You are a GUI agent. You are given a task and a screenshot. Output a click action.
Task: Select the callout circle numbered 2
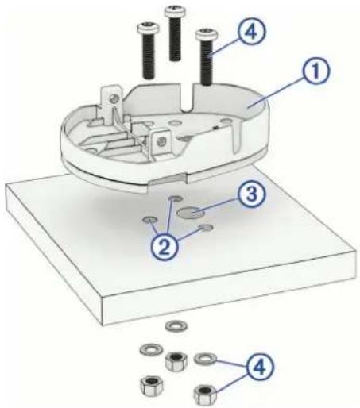pyautogui.click(x=165, y=246)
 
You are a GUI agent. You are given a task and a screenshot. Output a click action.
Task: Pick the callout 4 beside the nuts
pyautogui.click(x=259, y=367)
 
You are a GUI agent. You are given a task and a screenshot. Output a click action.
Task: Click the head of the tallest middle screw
pyautogui.click(x=175, y=10)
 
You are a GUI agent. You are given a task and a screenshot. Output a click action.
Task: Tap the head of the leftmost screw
pyautogui.click(x=149, y=27)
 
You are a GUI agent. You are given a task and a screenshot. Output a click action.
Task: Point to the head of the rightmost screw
pyautogui.click(x=207, y=34)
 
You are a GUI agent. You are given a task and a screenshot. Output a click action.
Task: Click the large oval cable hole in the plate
pyautogui.click(x=192, y=213)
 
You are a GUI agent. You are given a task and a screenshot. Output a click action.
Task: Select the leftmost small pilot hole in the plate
pyautogui.click(x=149, y=220)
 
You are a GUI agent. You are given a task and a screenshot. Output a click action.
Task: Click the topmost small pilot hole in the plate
pyautogui.click(x=175, y=198)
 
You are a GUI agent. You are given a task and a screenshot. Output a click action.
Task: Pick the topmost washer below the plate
pyautogui.click(x=176, y=325)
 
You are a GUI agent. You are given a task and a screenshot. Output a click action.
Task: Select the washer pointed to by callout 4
pyautogui.click(x=206, y=358)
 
